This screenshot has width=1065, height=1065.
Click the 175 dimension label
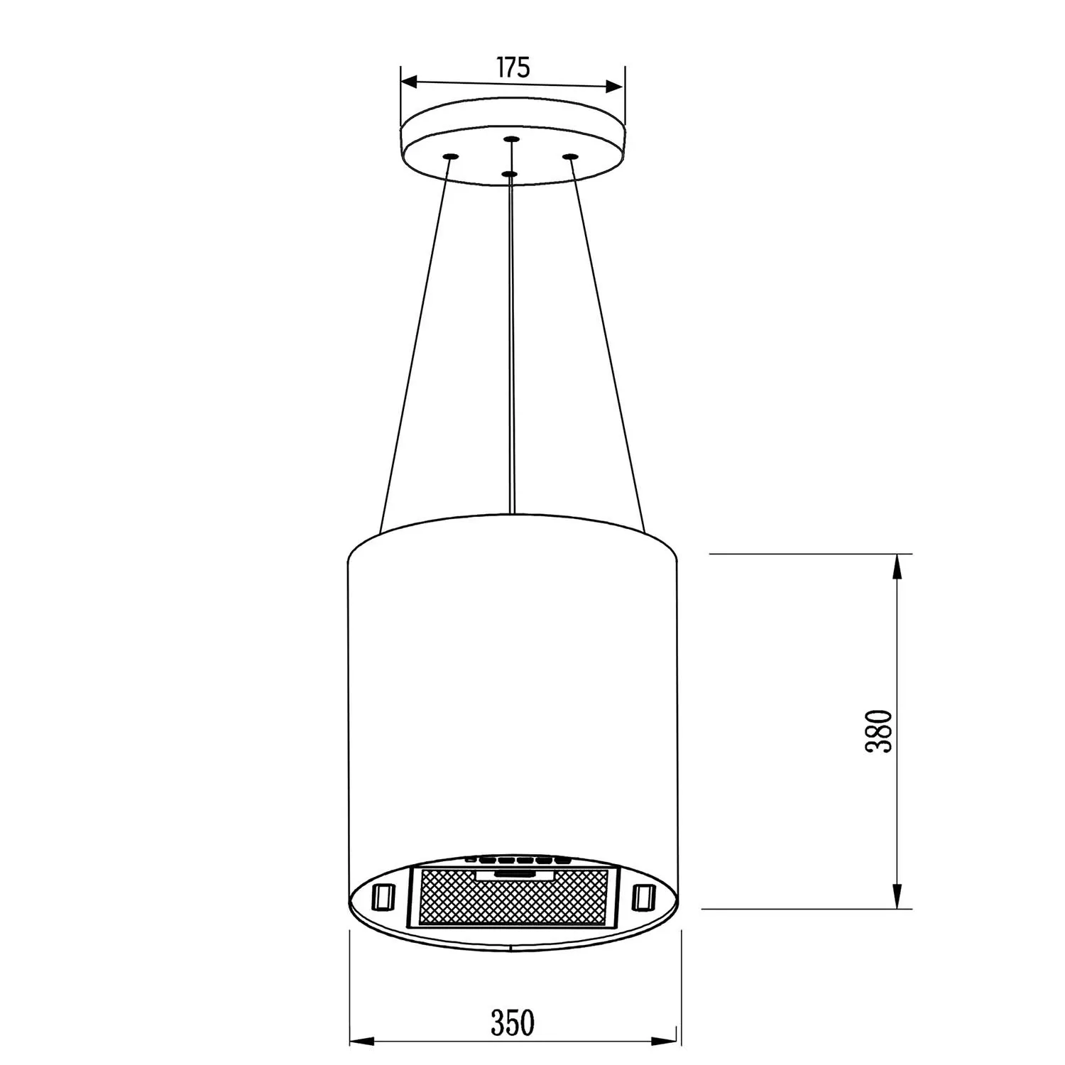[513, 67]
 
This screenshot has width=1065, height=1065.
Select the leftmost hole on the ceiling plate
[449, 156]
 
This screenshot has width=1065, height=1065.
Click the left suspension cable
[415, 348]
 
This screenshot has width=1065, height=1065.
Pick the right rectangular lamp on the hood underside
[643, 896]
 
